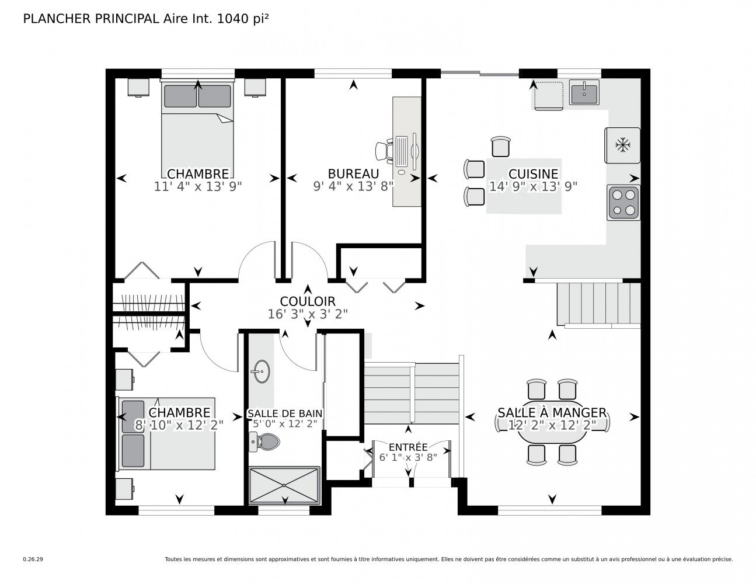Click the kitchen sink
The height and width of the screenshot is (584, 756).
coord(584,92)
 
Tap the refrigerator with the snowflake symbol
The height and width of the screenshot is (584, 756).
coord(622,145)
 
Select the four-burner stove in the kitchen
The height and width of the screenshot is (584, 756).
coord(623,203)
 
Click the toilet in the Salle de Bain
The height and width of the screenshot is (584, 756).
coord(264,442)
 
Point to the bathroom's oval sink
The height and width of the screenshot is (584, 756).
coord(261,371)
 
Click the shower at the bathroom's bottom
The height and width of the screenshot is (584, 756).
coord(284,485)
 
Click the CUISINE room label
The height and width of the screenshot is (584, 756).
coord(533,173)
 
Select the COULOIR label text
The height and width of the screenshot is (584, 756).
coord(308,301)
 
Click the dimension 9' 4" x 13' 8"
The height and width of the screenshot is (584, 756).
coord(353,186)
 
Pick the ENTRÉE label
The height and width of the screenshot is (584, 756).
coord(408,447)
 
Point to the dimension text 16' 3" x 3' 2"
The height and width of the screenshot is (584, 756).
coord(308,314)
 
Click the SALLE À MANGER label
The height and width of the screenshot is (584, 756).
coord(552,413)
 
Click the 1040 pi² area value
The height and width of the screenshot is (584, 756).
coord(243,19)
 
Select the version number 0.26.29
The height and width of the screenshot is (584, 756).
coord(33,559)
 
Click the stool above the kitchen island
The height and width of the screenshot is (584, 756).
coord(501,146)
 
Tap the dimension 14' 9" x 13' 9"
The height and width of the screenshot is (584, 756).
coord(533,186)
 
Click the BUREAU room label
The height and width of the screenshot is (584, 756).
coord(353,173)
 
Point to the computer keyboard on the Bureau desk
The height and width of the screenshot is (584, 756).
coord(402,151)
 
